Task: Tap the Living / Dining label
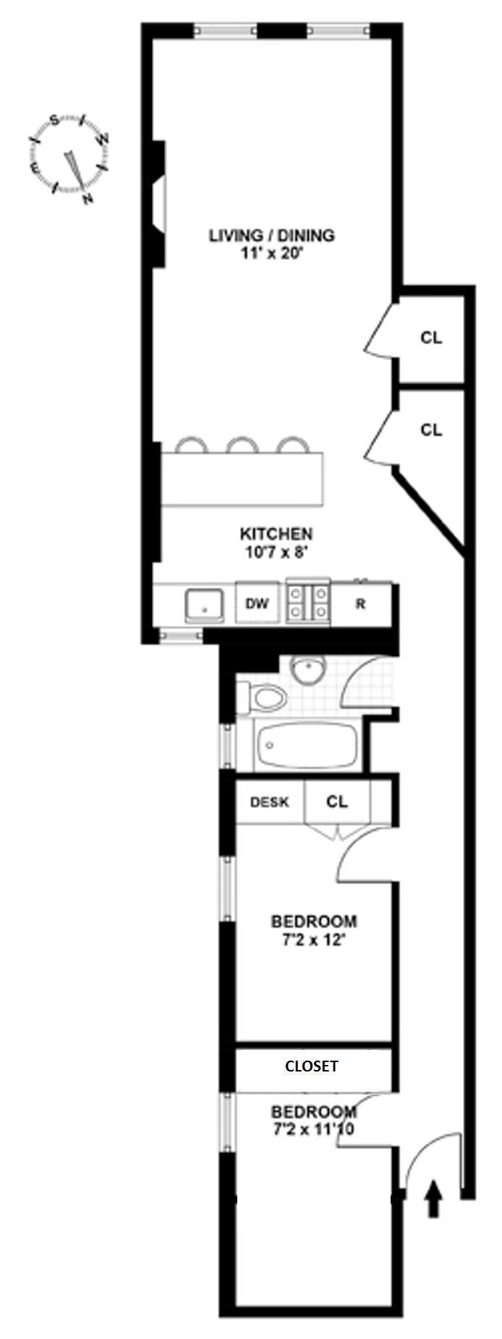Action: pyautogui.click(x=271, y=236)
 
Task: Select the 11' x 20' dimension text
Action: pyautogui.click(x=272, y=254)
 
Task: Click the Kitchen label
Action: pyautogui.click(x=276, y=534)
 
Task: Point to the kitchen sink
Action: pyautogui.click(x=203, y=606)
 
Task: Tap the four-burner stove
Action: pyautogui.click(x=309, y=603)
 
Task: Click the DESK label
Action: pyautogui.click(x=269, y=802)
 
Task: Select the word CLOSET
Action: pyautogui.click(x=311, y=1066)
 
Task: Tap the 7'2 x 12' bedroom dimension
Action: pyautogui.click(x=313, y=941)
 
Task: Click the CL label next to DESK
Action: pyautogui.click(x=337, y=802)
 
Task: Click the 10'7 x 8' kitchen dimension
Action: pyautogui.click(x=276, y=552)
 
